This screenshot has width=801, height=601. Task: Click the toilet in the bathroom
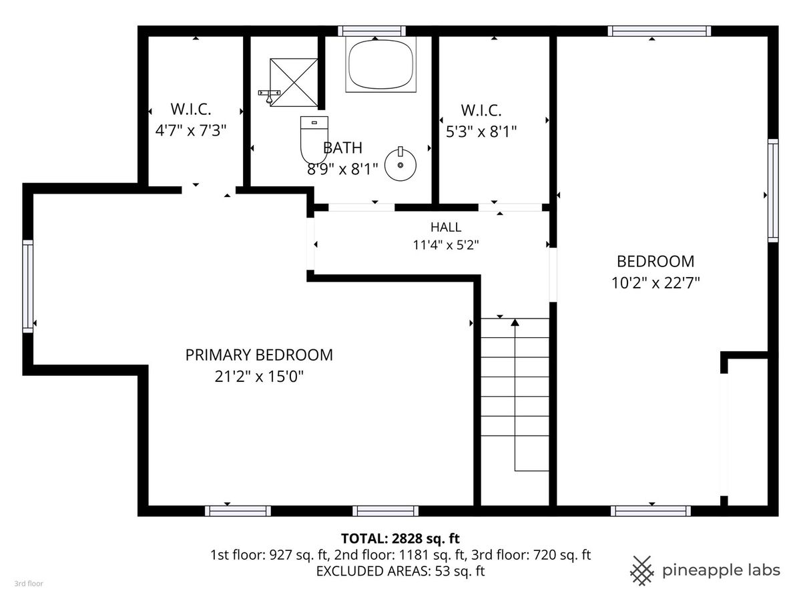click(x=314, y=140)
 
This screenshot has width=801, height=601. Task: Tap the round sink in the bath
click(x=400, y=164)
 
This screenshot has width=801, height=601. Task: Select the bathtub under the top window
click(x=380, y=64)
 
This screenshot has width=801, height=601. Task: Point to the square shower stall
click(x=294, y=82)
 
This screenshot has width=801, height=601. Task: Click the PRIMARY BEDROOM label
click(x=259, y=355)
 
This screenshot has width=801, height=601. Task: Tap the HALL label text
click(x=446, y=227)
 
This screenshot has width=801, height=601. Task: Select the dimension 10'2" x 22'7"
click(x=655, y=282)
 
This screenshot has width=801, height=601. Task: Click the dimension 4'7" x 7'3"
click(x=191, y=130)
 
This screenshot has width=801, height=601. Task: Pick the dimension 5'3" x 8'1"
click(x=481, y=132)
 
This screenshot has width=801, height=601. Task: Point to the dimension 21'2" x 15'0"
click(x=259, y=376)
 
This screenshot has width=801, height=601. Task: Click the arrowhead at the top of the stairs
click(x=515, y=323)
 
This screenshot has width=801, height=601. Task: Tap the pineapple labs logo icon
click(x=641, y=571)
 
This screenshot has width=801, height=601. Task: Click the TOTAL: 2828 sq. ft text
click(x=400, y=538)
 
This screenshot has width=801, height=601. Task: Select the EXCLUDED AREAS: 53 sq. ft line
click(x=400, y=571)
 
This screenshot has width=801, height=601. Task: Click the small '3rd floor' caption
click(x=29, y=584)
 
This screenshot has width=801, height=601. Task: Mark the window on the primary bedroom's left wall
click(x=28, y=286)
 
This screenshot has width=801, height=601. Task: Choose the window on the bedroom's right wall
click(x=773, y=190)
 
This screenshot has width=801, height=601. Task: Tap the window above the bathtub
click(x=372, y=31)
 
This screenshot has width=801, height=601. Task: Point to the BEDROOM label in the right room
click(x=655, y=261)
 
